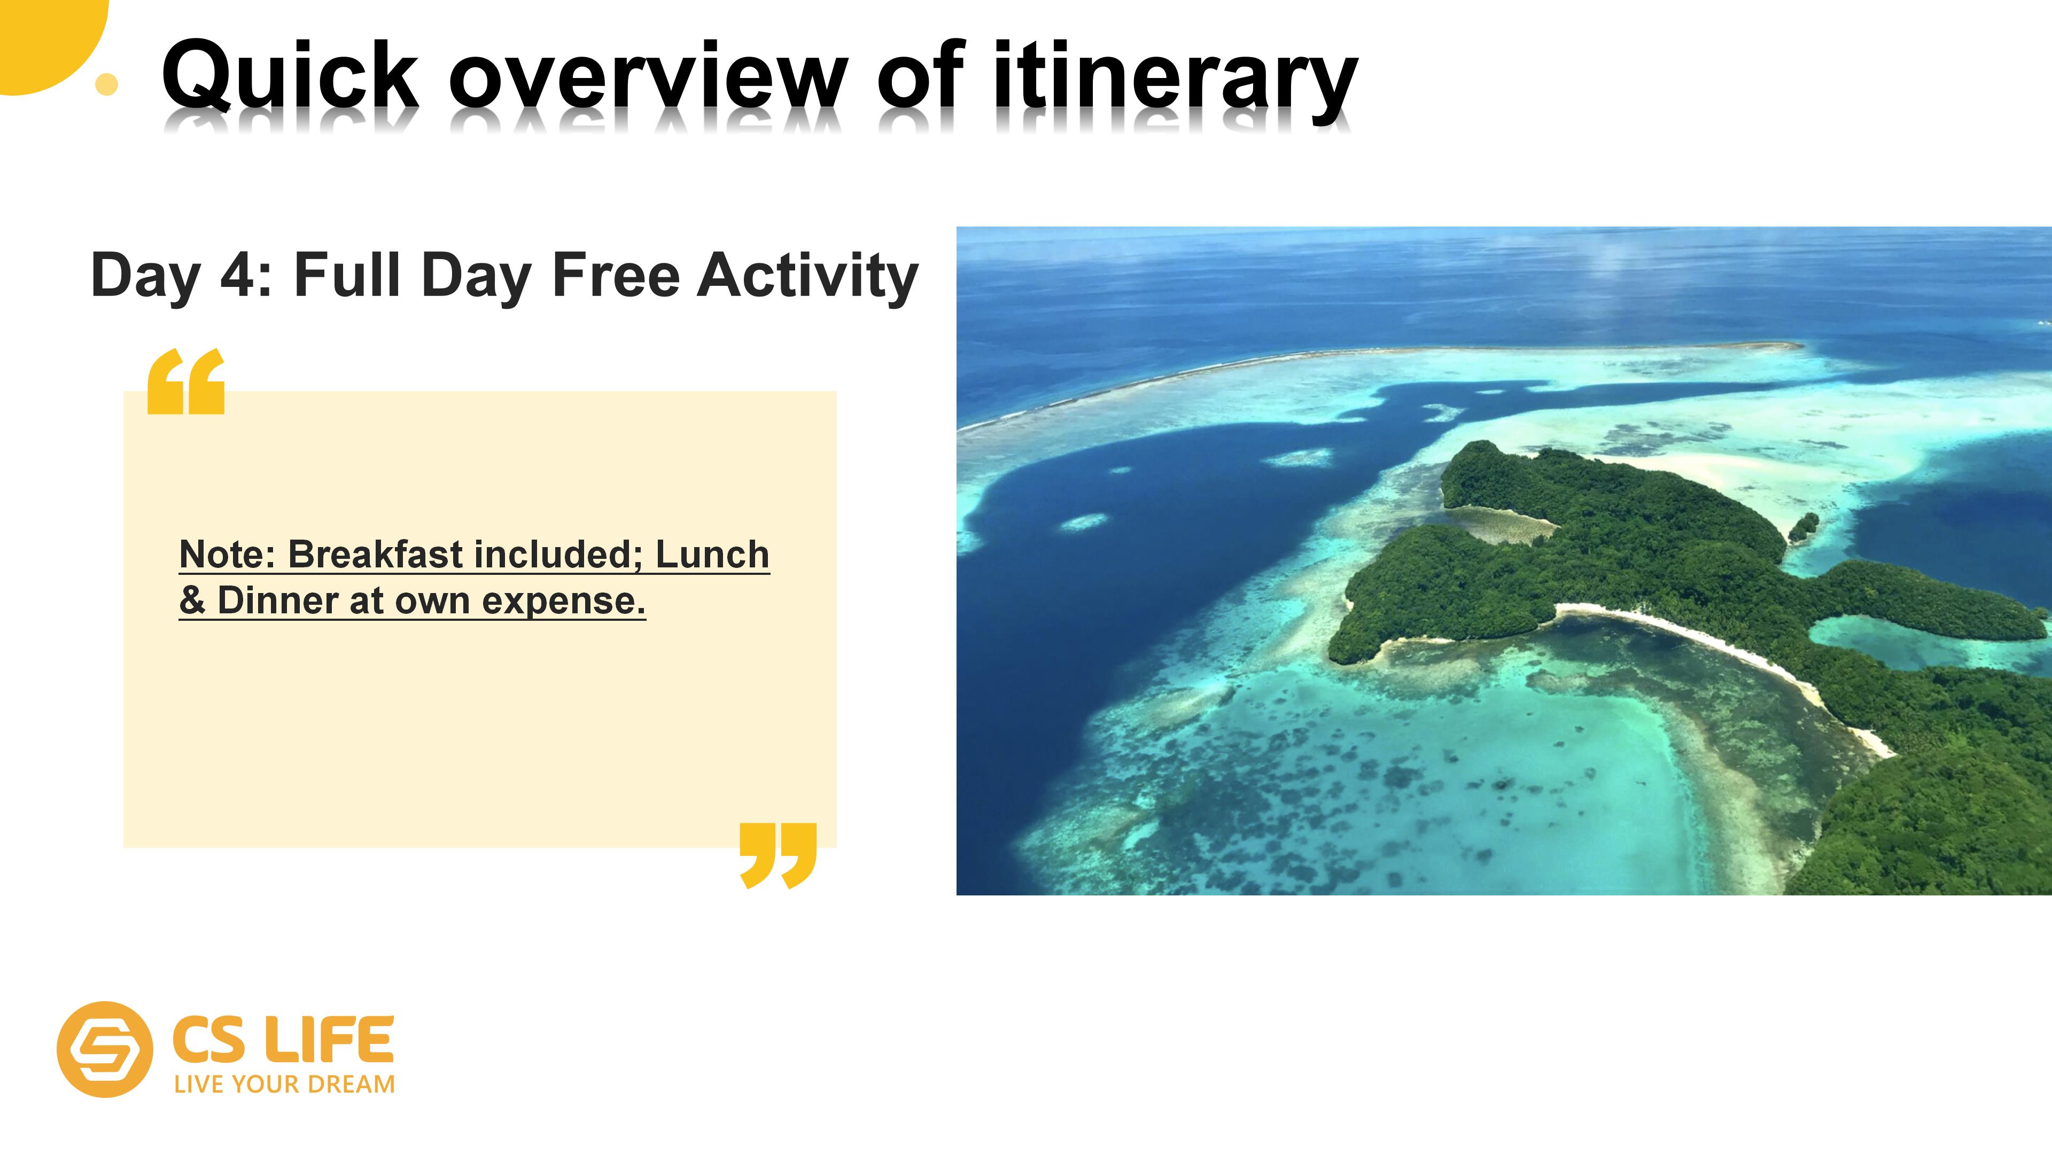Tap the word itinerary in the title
[1175, 80]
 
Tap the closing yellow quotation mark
[778, 855]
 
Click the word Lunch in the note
[712, 555]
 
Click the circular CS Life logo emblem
[104, 1049]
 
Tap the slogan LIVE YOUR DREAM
[284, 1085]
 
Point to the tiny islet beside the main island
[1804, 526]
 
